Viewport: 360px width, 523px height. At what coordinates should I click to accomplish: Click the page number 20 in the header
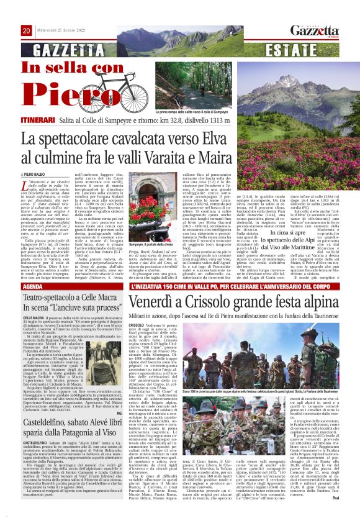pyautogui.click(x=27, y=30)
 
